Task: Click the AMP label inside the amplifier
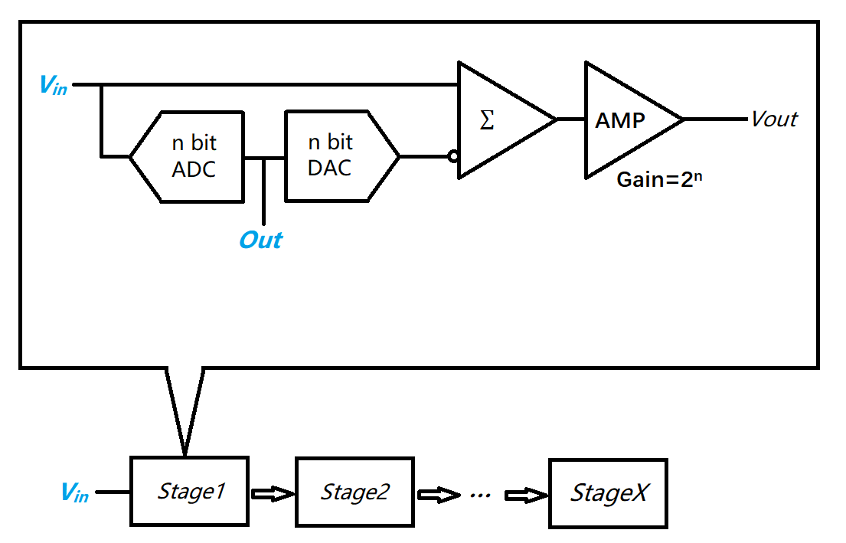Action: (620, 120)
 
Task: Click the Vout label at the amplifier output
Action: (774, 119)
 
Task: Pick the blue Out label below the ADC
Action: (261, 240)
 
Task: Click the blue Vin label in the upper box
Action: (53, 85)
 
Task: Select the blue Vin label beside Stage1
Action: (74, 492)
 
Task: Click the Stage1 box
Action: (190, 492)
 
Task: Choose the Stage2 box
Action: (355, 492)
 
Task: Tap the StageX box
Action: (608, 493)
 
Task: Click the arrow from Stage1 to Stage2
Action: (273, 494)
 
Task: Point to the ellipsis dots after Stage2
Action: (480, 496)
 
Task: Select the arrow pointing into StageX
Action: (525, 495)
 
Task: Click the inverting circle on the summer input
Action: (453, 157)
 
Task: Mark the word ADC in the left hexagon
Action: (194, 169)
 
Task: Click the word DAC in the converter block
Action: (330, 168)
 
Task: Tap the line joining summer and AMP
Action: (570, 119)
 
